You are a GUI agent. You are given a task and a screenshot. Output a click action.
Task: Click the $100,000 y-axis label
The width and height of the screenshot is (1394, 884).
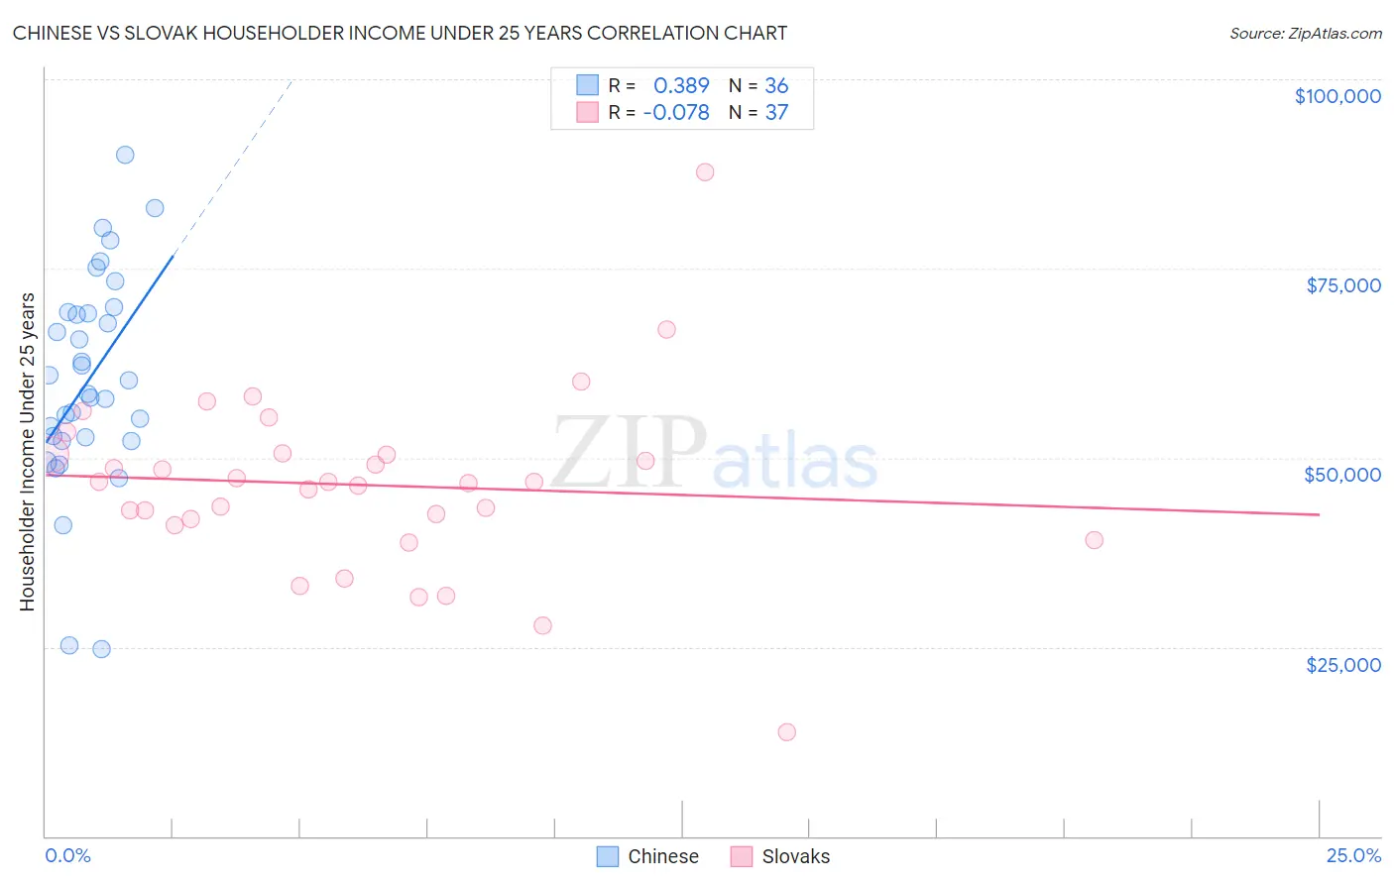[x=1337, y=96]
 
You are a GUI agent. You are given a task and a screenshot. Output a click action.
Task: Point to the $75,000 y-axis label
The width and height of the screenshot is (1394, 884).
[x=1343, y=285]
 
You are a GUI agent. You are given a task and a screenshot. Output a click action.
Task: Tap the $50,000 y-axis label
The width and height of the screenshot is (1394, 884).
[x=1342, y=475]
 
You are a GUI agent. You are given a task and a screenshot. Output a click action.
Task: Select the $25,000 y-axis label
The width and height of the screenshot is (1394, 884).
[x=1343, y=665]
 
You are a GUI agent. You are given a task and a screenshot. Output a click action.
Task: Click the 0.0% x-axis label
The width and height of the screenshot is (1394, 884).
[x=67, y=856]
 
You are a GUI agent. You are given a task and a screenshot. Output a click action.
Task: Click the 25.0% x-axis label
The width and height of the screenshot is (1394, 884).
[x=1353, y=856]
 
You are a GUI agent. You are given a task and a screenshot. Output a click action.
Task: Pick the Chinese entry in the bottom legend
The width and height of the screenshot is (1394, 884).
[x=662, y=856]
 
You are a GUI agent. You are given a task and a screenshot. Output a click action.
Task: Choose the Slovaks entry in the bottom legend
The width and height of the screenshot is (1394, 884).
[x=795, y=856]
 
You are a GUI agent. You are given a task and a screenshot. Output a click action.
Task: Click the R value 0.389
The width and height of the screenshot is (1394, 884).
[x=681, y=86]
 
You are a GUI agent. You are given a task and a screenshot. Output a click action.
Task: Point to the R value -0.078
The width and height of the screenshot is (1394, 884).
[x=676, y=113]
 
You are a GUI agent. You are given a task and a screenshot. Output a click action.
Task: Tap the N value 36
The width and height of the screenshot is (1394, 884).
[x=776, y=86]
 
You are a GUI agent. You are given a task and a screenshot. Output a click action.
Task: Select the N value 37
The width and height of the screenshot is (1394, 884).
[x=776, y=113]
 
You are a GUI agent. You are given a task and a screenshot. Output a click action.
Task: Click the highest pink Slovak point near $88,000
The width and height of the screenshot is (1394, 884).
[x=705, y=172]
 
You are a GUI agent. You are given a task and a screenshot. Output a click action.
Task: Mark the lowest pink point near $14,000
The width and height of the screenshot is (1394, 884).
[x=787, y=732]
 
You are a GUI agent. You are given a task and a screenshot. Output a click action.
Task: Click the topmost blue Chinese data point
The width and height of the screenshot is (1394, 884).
[x=125, y=155]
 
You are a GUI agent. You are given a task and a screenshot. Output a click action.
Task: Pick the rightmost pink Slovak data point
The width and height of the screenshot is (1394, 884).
[x=1095, y=540]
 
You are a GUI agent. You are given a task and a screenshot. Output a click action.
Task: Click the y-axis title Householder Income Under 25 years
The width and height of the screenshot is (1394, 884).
[x=28, y=452]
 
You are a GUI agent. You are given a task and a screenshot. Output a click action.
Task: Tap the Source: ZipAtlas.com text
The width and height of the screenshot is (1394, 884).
[x=1305, y=34]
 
